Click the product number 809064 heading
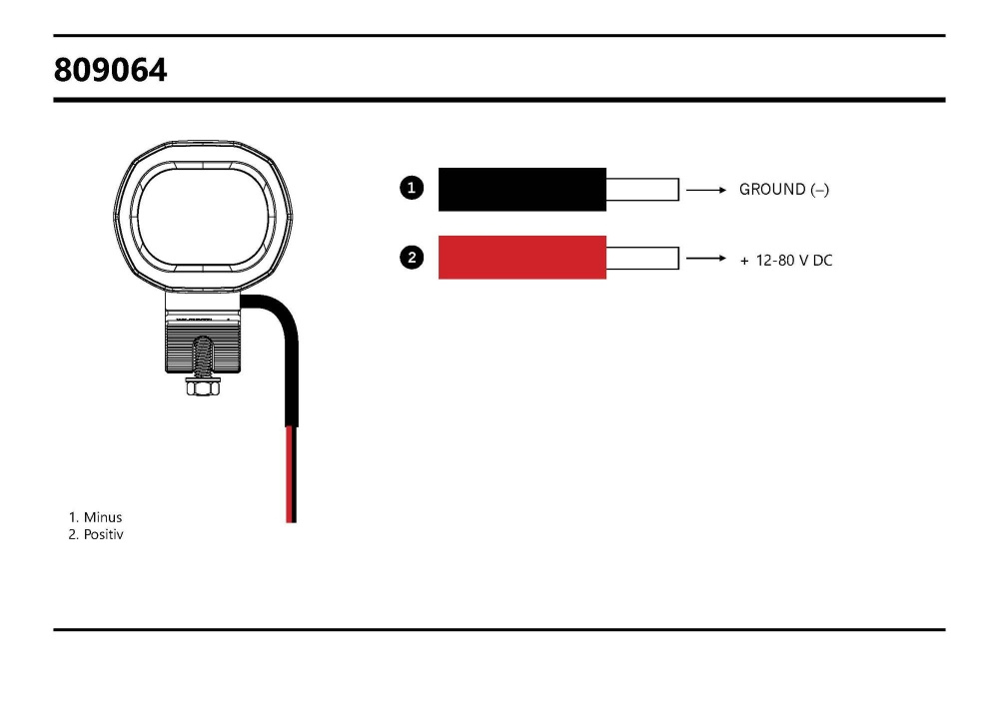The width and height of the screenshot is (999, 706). pyautogui.click(x=111, y=70)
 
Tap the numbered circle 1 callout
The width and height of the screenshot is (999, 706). pyautogui.click(x=412, y=187)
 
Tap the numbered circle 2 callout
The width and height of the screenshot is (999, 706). pyautogui.click(x=412, y=258)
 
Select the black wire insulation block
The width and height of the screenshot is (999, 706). pyautogui.click(x=522, y=189)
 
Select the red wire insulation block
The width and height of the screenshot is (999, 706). pyautogui.click(x=522, y=257)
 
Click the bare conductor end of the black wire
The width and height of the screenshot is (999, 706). pyautogui.click(x=642, y=189)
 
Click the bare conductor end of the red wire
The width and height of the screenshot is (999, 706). pyautogui.click(x=642, y=258)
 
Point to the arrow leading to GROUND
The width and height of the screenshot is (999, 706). pyautogui.click(x=705, y=189)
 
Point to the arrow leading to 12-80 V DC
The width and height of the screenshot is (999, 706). pyautogui.click(x=705, y=259)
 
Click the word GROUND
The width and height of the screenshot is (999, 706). pyautogui.click(x=772, y=189)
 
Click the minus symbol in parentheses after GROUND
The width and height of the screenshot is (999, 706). pyautogui.click(x=820, y=189)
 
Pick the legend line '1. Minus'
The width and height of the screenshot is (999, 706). pyautogui.click(x=95, y=517)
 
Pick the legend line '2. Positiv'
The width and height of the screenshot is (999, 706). pyautogui.click(x=96, y=535)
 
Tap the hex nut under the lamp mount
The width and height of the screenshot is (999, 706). pyautogui.click(x=201, y=386)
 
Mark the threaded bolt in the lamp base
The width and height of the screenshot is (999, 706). pyautogui.click(x=201, y=354)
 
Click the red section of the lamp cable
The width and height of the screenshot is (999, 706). pyautogui.click(x=291, y=474)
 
